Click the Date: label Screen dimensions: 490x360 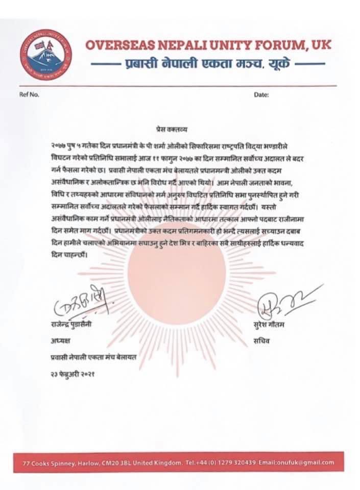(x=261, y=95)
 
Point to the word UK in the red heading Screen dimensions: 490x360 (x=320, y=45)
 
